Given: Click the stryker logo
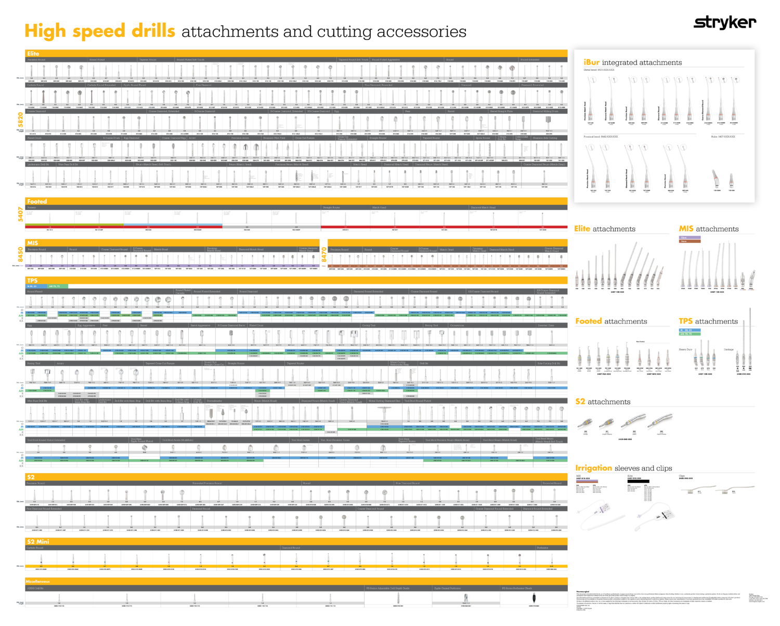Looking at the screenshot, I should tap(725, 23).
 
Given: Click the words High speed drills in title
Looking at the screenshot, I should tap(100, 31).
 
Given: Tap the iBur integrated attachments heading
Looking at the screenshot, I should tap(632, 62).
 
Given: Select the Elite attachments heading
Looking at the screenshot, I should tap(604, 229).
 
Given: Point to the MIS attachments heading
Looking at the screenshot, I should tap(708, 229).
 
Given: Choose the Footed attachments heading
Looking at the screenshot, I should tap(611, 321).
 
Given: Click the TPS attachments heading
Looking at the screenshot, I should tap(708, 321).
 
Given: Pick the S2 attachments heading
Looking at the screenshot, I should tap(603, 402).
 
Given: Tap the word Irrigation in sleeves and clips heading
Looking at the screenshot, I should tap(593, 468).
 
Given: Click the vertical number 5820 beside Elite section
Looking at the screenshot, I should tap(21, 121).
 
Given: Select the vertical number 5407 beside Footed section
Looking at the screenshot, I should tap(21, 214).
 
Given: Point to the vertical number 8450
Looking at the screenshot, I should tap(21, 255).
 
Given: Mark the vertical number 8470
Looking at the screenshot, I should tap(324, 255).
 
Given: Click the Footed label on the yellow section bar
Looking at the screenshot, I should tap(37, 201).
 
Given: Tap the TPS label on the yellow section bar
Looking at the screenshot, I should tap(32, 280).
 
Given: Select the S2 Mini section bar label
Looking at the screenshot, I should tap(38, 541).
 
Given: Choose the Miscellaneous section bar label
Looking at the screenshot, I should tap(38, 581).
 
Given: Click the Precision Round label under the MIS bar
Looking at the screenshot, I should tap(37, 250).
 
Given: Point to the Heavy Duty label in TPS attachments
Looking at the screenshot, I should tap(685, 349).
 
